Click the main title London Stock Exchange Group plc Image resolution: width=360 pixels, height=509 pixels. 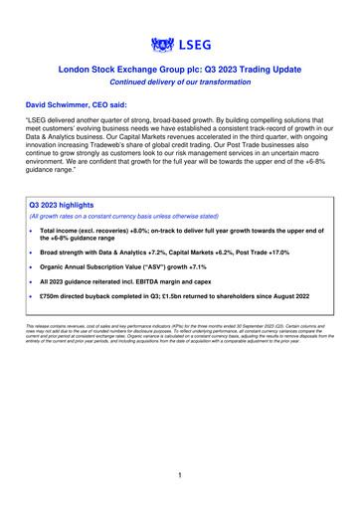pos(179,71)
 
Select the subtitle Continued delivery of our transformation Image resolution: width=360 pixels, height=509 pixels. pos(179,84)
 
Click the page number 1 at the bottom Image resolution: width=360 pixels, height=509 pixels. pos(179,476)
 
